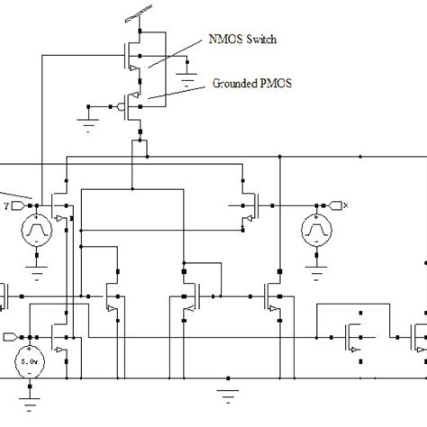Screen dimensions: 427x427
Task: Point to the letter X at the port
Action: [345, 205]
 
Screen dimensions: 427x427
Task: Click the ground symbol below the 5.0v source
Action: [30, 395]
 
